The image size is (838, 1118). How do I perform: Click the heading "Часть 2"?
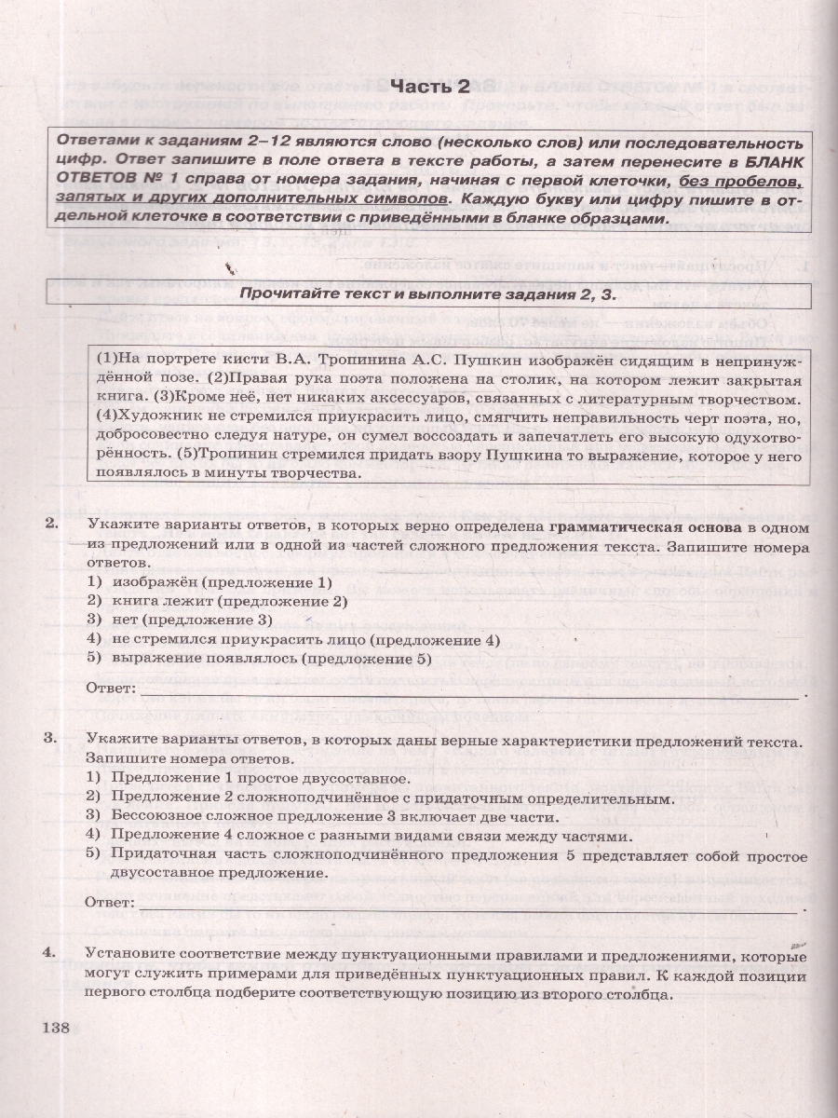click(429, 88)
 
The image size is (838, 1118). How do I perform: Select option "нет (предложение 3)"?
click(191, 620)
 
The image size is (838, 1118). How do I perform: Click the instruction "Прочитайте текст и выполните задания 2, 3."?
click(428, 293)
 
